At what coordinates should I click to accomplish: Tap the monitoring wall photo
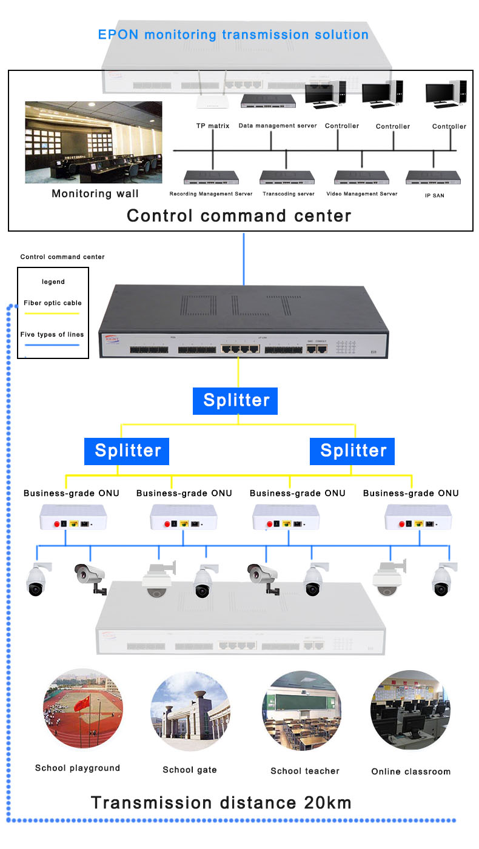pyautogui.click(x=93, y=142)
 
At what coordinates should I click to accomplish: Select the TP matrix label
pyautogui.click(x=213, y=126)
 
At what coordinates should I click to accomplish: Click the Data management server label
pyautogui.click(x=277, y=126)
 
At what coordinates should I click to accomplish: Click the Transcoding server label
pyautogui.click(x=289, y=194)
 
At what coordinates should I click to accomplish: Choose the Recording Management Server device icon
pyautogui.click(x=211, y=177)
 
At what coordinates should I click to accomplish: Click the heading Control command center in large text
pyautogui.click(x=239, y=216)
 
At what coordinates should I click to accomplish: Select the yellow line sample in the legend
pyautogui.click(x=52, y=314)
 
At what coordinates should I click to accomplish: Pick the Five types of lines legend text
pyautogui.click(x=52, y=334)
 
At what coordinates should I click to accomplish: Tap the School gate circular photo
pyautogui.click(x=190, y=711)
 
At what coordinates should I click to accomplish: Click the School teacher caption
pyautogui.click(x=305, y=771)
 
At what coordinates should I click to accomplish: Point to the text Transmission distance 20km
pyautogui.click(x=221, y=803)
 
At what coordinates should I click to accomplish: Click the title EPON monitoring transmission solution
pyautogui.click(x=233, y=35)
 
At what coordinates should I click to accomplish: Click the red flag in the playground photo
pyautogui.click(x=81, y=703)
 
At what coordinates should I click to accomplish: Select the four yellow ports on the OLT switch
pyautogui.click(x=239, y=350)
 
